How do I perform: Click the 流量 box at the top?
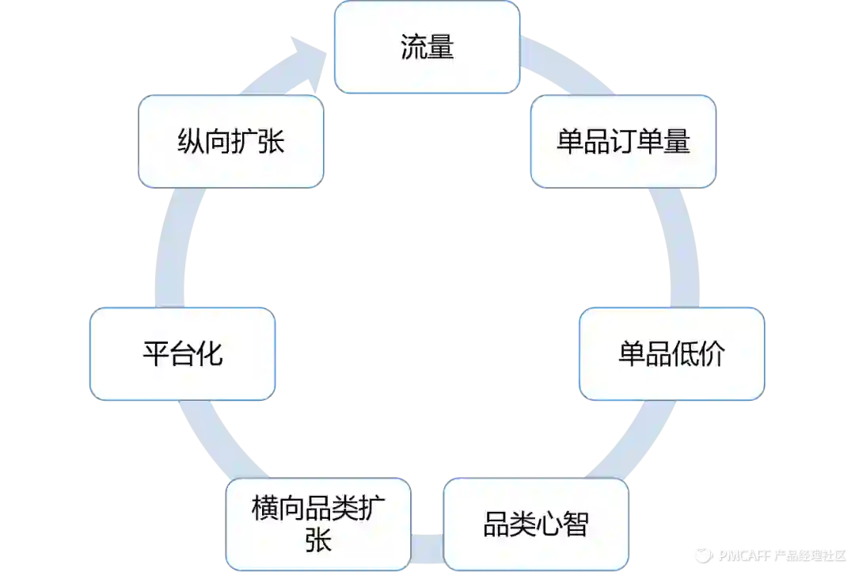click(x=427, y=47)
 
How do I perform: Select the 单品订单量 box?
click(x=623, y=142)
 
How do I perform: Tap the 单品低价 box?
click(x=671, y=353)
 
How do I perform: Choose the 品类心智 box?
click(x=536, y=524)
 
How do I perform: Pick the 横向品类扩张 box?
click(x=319, y=524)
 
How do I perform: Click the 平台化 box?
click(x=183, y=353)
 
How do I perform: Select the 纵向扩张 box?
click(x=230, y=142)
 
